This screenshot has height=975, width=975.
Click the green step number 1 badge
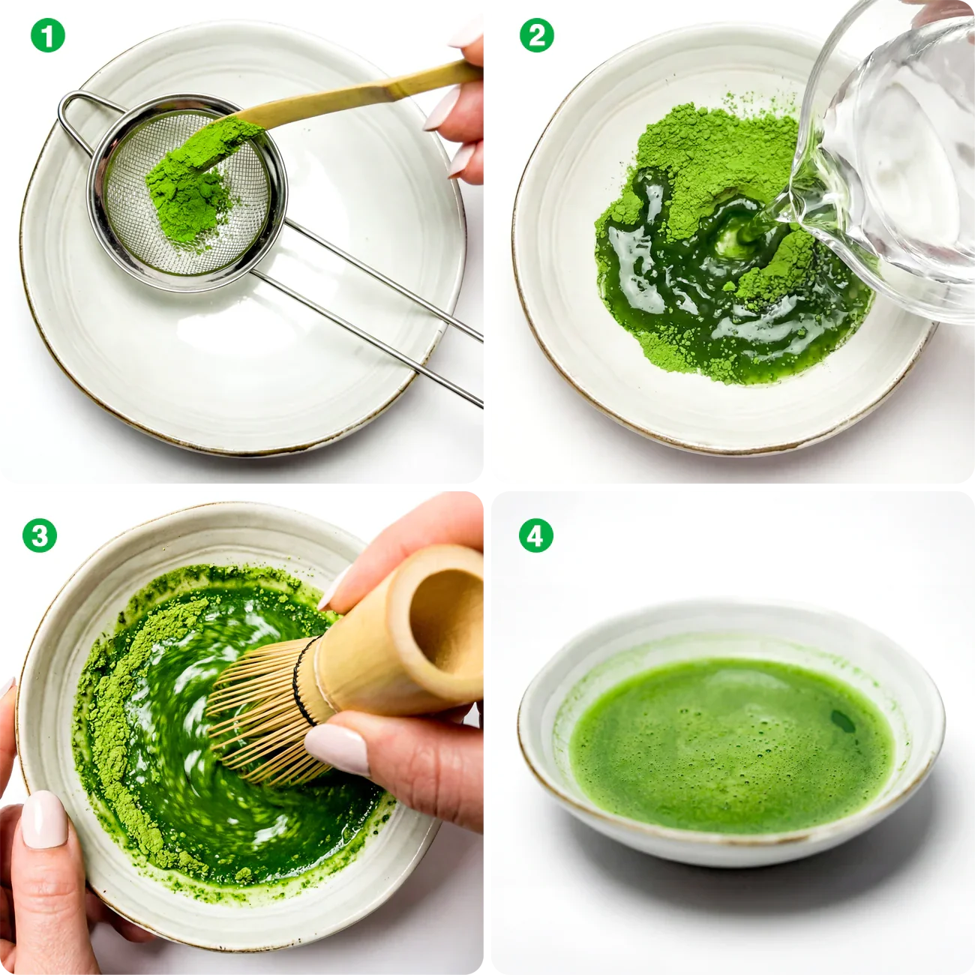[47, 35]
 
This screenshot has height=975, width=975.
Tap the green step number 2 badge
[537, 35]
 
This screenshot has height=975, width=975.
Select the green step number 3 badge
[40, 535]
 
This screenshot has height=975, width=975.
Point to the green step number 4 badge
[535, 535]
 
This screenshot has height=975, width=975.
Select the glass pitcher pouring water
[892, 165]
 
